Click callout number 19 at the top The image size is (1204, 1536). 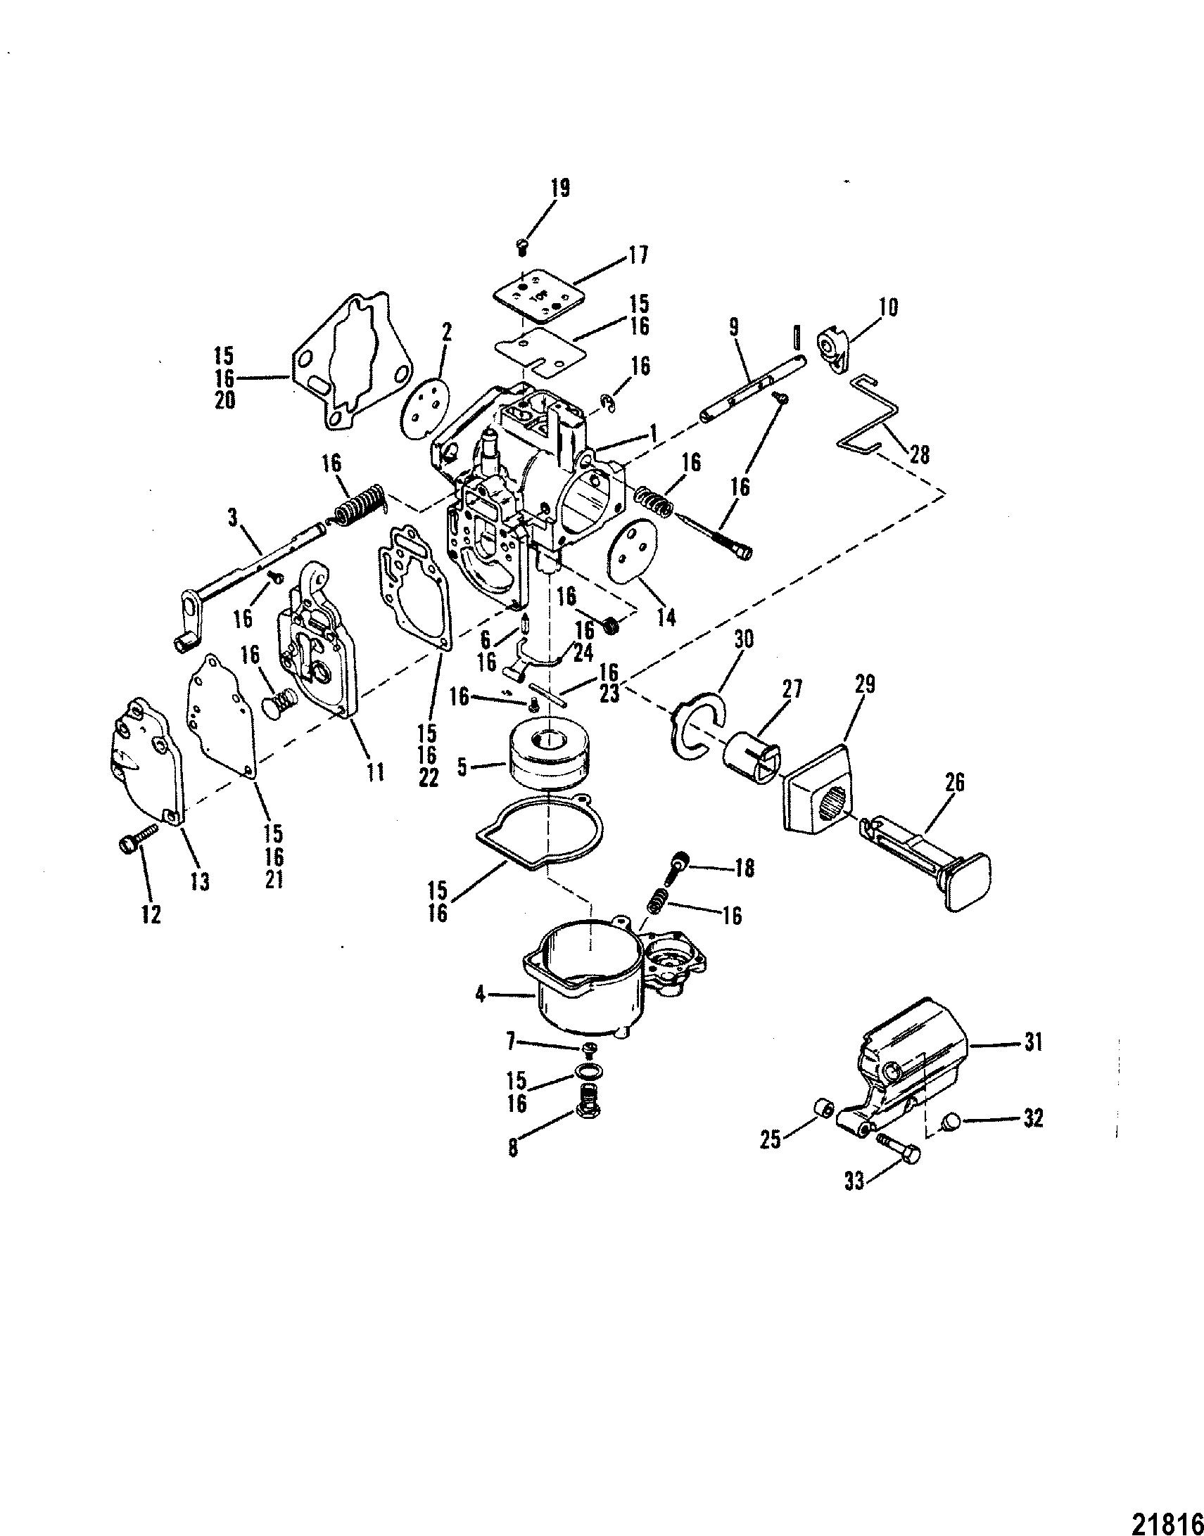click(x=561, y=189)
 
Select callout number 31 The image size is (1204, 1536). click(x=1033, y=1042)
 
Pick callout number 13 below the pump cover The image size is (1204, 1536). click(x=200, y=881)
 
